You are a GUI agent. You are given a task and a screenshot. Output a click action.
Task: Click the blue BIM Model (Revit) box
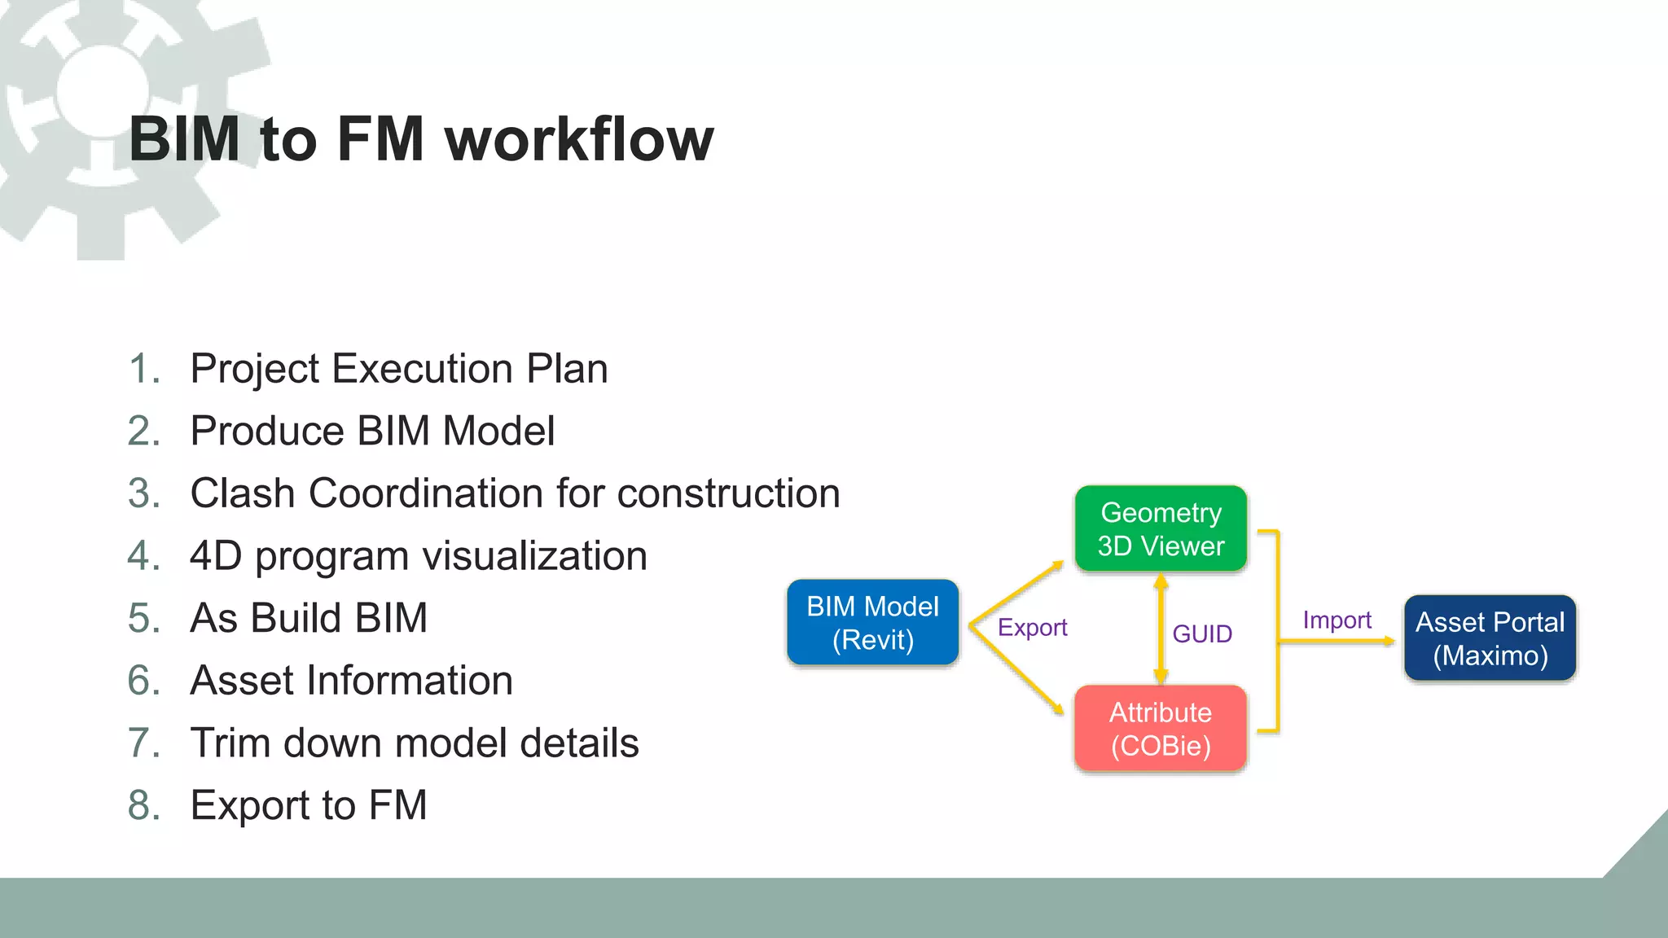pyautogui.click(x=872, y=623)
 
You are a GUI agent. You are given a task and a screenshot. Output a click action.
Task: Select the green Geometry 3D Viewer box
pyautogui.click(x=1161, y=529)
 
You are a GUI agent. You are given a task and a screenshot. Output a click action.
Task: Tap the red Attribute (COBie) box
pyautogui.click(x=1161, y=729)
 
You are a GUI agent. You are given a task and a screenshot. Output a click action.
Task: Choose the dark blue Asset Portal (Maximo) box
pyautogui.click(x=1490, y=638)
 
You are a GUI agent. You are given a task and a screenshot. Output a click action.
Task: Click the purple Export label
pyautogui.click(x=1032, y=628)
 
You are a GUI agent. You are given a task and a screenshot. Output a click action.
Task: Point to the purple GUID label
pyautogui.click(x=1202, y=633)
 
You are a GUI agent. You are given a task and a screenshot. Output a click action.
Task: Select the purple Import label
pyautogui.click(x=1337, y=620)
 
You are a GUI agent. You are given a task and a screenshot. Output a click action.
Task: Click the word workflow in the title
pyautogui.click(x=579, y=139)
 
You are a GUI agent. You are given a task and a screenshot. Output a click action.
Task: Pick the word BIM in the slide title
pyautogui.click(x=184, y=139)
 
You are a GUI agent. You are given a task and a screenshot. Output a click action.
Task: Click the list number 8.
pyautogui.click(x=143, y=805)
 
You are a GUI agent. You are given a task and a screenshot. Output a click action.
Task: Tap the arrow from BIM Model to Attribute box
pyautogui.click(x=1018, y=672)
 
